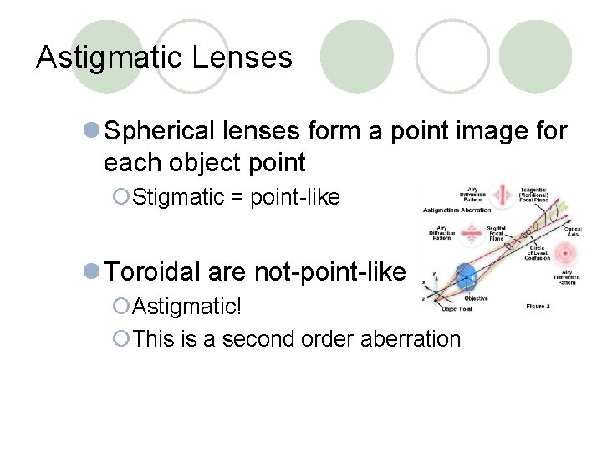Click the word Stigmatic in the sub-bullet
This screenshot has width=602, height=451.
point(178,197)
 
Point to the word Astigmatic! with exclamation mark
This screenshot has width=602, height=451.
point(186,306)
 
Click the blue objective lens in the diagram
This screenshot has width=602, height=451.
point(465,276)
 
